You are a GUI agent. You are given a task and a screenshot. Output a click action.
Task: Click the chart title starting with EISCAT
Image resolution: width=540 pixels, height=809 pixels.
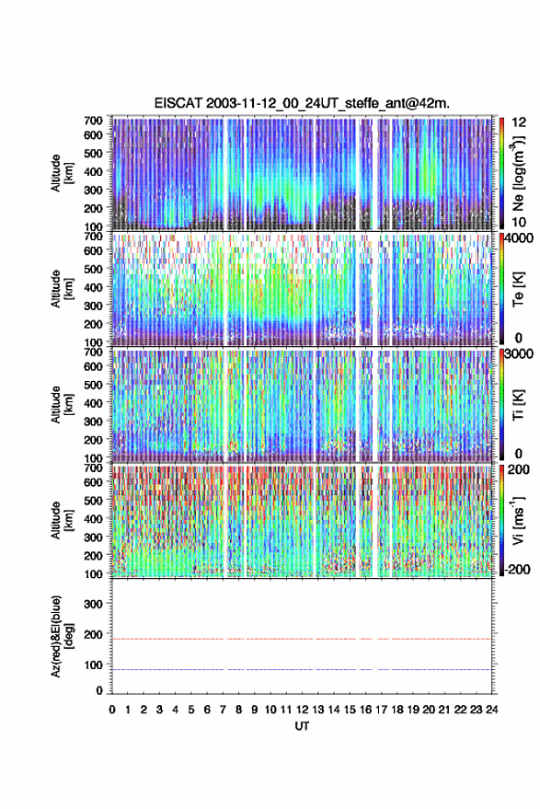(302, 103)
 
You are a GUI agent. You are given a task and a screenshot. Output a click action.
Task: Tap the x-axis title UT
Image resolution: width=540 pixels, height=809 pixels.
(302, 726)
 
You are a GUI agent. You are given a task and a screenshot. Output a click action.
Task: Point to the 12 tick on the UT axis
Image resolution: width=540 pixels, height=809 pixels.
(303, 710)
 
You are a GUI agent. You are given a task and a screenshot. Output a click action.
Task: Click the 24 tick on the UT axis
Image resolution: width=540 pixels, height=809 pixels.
(492, 710)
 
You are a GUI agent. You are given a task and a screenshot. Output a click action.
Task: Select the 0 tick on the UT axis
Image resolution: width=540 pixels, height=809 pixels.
(112, 710)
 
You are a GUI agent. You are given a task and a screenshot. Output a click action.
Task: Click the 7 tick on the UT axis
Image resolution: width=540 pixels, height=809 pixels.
(223, 710)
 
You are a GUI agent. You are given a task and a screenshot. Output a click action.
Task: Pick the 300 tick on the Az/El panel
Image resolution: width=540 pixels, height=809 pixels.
(93, 604)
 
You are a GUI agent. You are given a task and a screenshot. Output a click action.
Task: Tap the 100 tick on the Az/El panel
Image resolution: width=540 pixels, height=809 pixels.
(93, 665)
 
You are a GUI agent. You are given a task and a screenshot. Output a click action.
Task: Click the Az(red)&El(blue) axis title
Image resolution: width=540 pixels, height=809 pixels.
(62, 636)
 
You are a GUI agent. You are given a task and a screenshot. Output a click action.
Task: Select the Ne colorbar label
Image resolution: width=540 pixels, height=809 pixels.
(518, 173)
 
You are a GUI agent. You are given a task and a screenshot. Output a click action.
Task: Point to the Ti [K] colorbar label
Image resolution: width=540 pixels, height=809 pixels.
(518, 405)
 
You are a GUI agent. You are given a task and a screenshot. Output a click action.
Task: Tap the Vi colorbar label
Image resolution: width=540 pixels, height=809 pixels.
(518, 520)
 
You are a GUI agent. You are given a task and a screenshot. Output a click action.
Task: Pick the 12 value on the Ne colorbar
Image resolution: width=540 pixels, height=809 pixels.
(520, 122)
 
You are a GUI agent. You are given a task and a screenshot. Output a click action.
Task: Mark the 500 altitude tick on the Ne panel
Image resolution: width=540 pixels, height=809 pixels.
(93, 153)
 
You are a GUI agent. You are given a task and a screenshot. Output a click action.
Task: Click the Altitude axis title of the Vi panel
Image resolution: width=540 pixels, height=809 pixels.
(62, 520)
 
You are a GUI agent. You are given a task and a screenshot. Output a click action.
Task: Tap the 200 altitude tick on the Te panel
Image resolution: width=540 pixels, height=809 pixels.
(93, 324)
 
